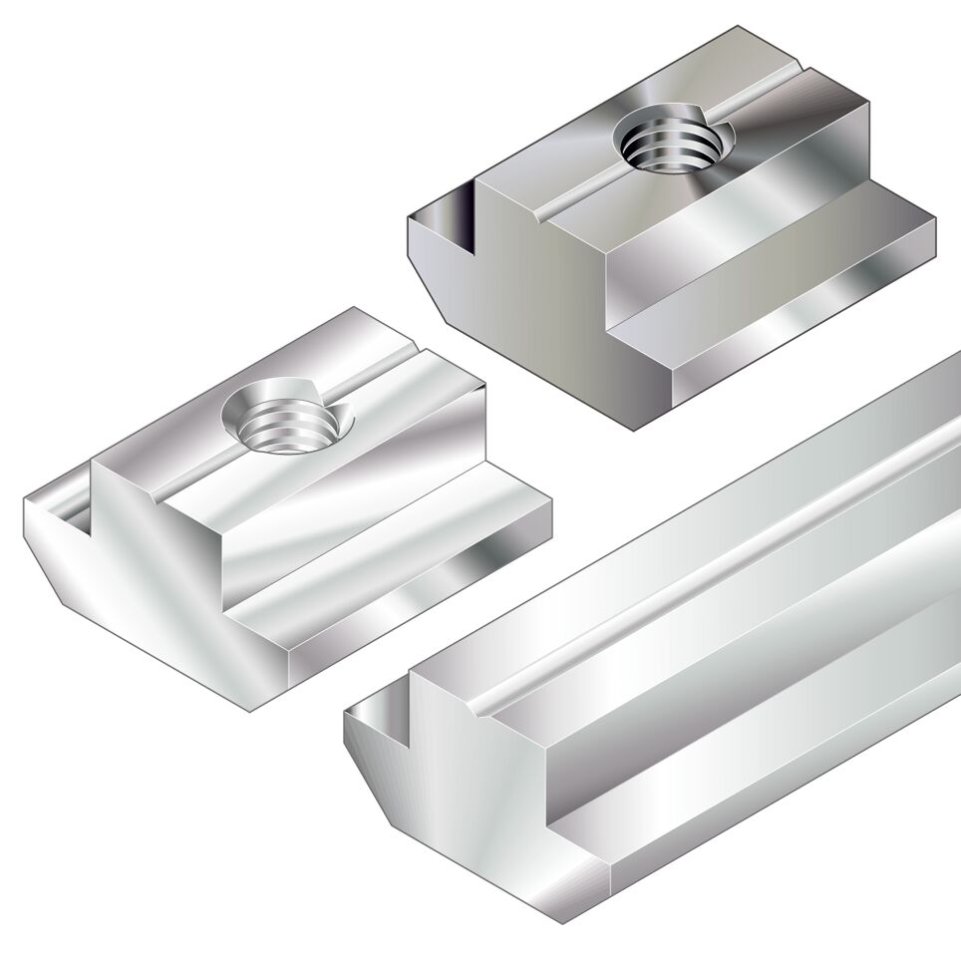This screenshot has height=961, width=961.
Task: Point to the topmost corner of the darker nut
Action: point(739,27)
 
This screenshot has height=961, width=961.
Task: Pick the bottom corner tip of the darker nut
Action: point(634,430)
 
